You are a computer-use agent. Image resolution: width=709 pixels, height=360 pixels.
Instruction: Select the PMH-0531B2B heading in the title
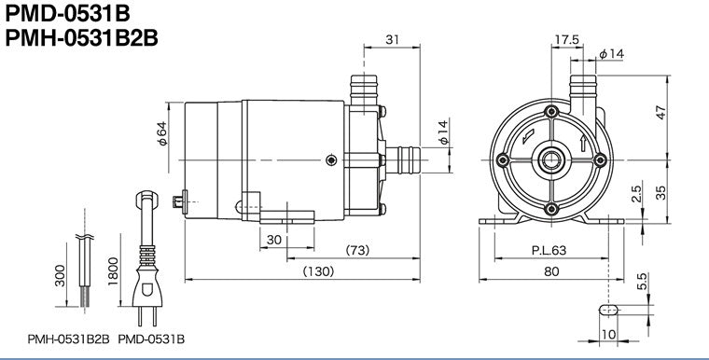81,41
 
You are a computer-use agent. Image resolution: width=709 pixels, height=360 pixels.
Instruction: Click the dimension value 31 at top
392,39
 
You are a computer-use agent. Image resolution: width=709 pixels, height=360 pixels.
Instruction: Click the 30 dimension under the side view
274,240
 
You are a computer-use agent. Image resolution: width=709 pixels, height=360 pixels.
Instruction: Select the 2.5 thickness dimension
636,194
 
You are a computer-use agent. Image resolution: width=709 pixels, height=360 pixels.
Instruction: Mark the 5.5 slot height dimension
642,280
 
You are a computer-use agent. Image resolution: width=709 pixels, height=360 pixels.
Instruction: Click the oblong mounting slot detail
607,309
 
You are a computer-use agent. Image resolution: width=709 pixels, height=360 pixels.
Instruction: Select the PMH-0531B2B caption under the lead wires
69,340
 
